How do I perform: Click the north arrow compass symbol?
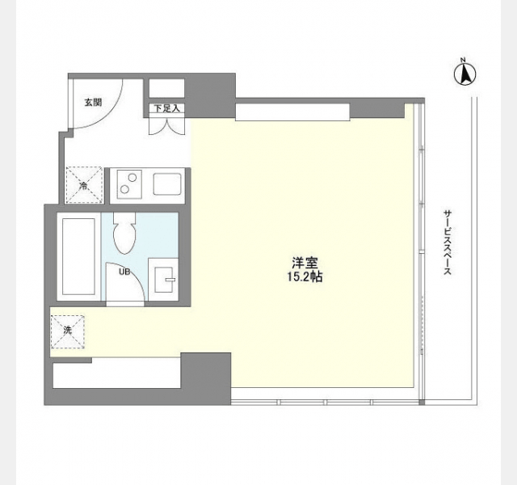[465, 75]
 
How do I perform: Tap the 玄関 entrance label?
[94, 103]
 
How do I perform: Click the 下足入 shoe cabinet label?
[167, 108]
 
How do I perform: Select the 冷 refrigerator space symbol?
[84, 185]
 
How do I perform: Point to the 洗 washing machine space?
[68, 331]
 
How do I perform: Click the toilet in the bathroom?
[124, 233]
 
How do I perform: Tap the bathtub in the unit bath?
[78, 257]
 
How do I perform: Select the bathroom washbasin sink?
[164, 280]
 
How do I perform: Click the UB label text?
[124, 272]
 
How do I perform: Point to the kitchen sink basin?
[167, 184]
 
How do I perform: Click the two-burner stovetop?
[129, 184]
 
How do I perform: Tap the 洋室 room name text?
[305, 263]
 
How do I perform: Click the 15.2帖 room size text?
[305, 276]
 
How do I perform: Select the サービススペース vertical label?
[447, 242]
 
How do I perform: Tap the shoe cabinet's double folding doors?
[167, 126]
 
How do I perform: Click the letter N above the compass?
[463, 60]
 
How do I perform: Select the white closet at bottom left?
[116, 373]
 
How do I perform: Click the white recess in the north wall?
[292, 112]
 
